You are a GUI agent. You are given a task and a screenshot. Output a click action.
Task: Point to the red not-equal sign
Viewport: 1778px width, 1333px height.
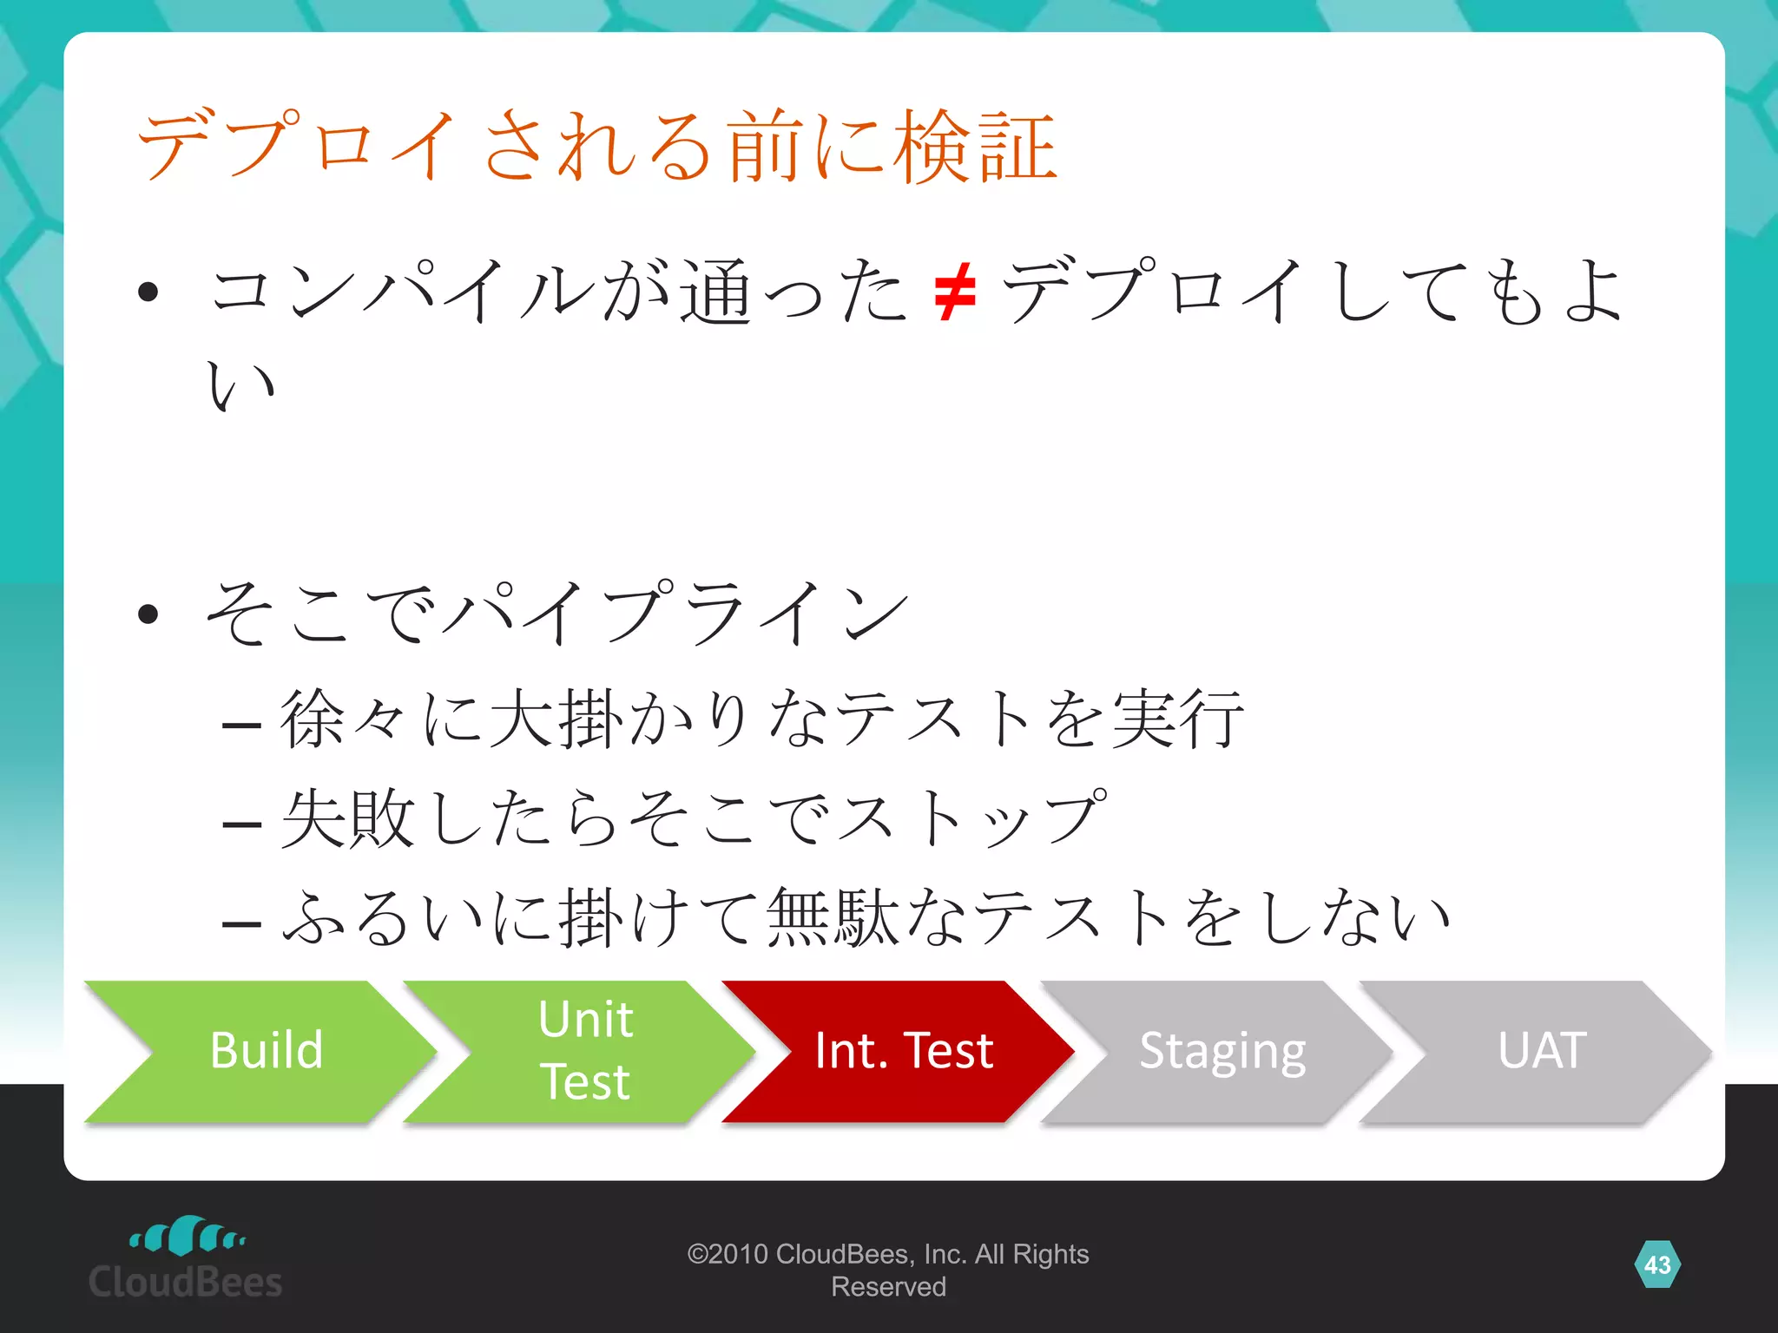[955, 293]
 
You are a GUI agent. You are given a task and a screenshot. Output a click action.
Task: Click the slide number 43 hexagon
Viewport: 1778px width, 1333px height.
[1656, 1264]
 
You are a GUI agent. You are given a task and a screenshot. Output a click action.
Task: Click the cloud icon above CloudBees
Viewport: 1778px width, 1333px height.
[187, 1236]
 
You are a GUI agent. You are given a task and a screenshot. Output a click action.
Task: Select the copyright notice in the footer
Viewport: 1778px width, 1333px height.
[887, 1270]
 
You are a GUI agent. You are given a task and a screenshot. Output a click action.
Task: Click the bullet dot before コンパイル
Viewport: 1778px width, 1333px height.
[148, 292]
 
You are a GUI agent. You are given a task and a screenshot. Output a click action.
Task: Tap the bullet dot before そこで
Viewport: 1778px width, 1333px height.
[148, 614]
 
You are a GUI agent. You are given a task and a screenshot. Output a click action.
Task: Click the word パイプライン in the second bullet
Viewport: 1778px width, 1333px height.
[675, 613]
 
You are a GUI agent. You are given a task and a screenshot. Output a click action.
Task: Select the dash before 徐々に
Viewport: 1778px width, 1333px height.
[241, 723]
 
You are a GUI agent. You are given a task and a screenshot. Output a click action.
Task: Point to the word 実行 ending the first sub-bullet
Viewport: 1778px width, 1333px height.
[1177, 719]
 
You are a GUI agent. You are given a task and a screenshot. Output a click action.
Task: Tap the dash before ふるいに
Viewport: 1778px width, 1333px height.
[241, 923]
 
